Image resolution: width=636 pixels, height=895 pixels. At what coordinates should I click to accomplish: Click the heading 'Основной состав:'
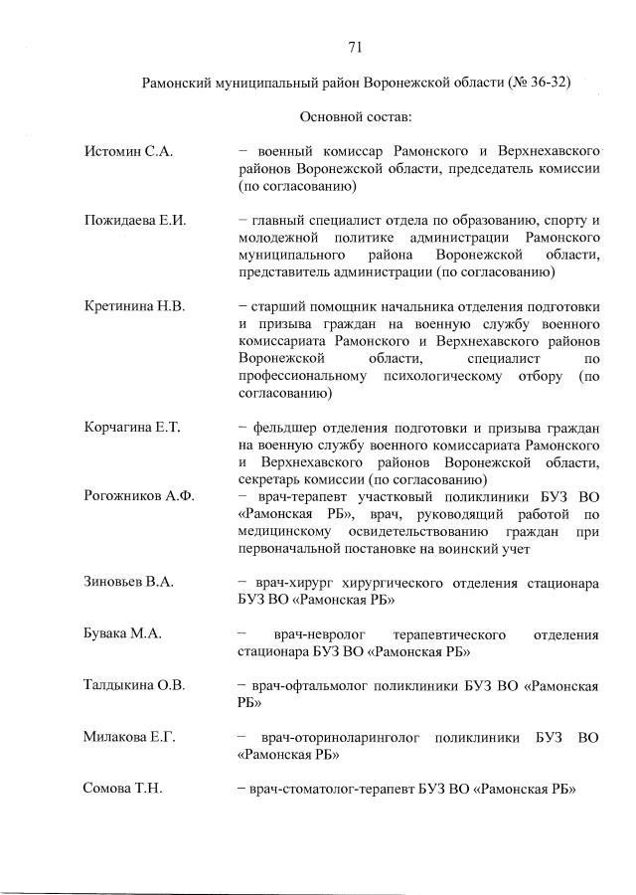(355, 117)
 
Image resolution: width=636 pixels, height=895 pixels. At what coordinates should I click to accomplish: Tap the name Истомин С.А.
(129, 151)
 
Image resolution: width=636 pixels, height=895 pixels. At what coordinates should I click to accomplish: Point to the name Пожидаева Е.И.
(136, 220)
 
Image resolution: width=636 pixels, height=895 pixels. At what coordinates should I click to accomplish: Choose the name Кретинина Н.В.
(135, 306)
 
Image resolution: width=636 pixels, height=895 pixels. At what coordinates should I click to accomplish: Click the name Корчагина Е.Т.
(132, 427)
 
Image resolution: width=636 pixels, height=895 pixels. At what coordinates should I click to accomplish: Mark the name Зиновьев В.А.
(129, 582)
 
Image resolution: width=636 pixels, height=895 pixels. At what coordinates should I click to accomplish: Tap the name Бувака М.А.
(123, 633)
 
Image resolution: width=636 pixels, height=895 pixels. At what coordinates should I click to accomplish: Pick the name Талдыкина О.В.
(135, 685)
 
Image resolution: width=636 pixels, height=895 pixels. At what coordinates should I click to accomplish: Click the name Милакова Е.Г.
(130, 737)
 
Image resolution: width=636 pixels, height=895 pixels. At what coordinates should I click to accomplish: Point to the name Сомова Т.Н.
(123, 789)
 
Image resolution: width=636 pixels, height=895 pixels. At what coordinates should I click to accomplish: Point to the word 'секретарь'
(274, 478)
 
